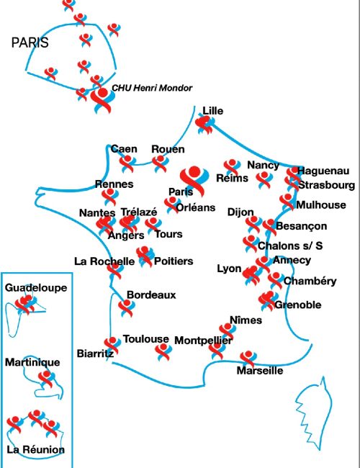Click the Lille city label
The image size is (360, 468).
tap(213, 111)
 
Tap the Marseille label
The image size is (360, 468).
tap(260, 372)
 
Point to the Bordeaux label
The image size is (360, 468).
tap(151, 294)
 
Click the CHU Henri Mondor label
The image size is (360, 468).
tap(152, 88)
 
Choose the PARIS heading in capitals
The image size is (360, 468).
tap(30, 43)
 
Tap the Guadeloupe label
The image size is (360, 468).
tap(36, 287)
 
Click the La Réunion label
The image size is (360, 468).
tap(35, 450)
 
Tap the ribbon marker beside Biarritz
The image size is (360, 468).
tap(112, 345)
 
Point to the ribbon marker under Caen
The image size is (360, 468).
tap(127, 163)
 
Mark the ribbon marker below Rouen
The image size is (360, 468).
tap(160, 163)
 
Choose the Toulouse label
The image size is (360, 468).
tap(146, 338)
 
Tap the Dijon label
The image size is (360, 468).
tap(240, 212)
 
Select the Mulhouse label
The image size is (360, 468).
tap(320, 204)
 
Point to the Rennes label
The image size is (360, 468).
tap(114, 184)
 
